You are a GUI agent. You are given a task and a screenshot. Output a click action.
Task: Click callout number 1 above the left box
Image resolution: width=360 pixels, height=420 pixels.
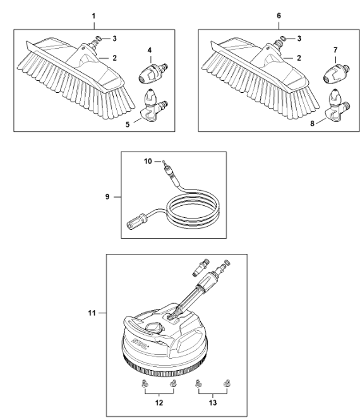(x=93, y=16)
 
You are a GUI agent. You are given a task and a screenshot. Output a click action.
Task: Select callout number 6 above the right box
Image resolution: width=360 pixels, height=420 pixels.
(x=279, y=16)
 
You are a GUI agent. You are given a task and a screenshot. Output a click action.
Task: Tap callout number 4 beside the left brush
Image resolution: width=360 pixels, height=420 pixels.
(x=150, y=50)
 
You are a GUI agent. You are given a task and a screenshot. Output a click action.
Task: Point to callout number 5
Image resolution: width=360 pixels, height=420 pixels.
(x=128, y=124)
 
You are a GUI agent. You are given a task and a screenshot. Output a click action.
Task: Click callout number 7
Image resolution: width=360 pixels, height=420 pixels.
(x=335, y=50)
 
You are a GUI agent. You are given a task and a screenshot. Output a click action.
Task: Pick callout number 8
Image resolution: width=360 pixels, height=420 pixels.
(x=313, y=124)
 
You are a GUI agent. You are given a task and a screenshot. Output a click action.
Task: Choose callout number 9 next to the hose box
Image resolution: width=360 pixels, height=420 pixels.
(x=107, y=197)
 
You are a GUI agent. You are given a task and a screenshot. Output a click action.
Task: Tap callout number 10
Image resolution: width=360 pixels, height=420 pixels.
(x=148, y=161)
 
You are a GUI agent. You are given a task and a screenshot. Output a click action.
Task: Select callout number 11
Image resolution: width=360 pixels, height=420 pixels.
(x=92, y=313)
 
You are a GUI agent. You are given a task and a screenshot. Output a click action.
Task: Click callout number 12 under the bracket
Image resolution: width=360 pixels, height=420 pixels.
(x=159, y=402)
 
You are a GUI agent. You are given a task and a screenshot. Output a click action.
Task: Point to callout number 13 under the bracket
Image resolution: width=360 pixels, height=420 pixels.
(x=213, y=402)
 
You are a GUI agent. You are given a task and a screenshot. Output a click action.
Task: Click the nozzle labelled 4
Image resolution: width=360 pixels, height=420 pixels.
(x=153, y=73)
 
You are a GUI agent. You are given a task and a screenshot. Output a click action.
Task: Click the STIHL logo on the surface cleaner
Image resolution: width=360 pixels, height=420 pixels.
(x=140, y=344)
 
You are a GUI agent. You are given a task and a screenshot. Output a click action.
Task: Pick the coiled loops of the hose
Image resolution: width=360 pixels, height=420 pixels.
(x=193, y=212)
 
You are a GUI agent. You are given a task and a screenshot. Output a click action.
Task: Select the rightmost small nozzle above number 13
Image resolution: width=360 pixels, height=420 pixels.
(x=227, y=383)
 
